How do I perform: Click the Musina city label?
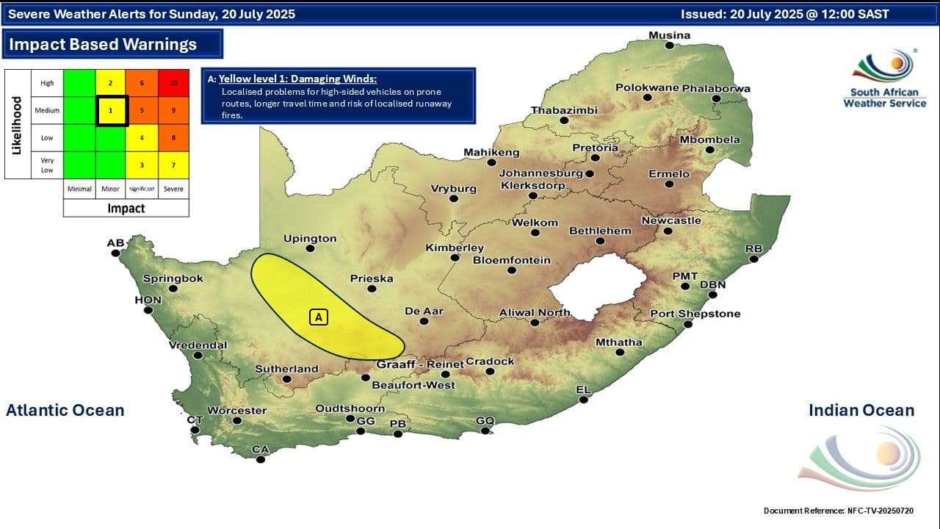[669, 35]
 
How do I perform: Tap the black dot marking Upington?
[310, 248]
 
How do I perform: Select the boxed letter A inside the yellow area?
[318, 317]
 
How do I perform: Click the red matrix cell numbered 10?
[173, 83]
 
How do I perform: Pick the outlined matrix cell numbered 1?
[111, 110]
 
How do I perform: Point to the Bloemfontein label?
[511, 260]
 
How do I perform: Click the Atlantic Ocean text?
[65, 410]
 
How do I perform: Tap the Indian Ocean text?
[861, 410]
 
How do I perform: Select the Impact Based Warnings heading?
[103, 44]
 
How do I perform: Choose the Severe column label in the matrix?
[173, 189]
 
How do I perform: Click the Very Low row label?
[47, 165]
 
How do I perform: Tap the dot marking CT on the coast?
[195, 430]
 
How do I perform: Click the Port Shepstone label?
[695, 314]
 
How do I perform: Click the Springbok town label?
[173, 278]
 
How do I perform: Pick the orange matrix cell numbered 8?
[173, 137]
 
